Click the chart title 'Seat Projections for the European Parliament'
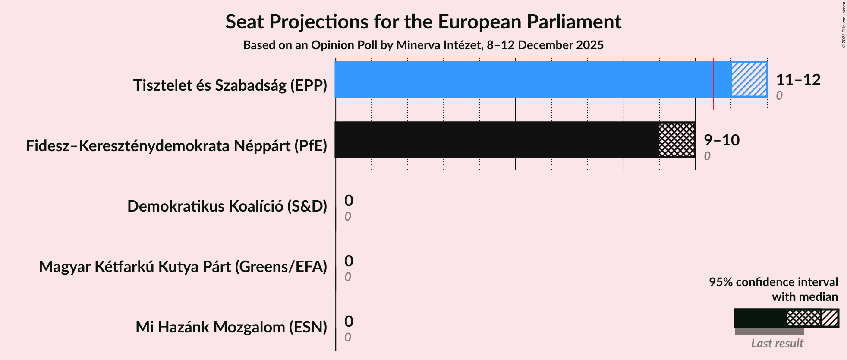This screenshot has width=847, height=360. point(423,22)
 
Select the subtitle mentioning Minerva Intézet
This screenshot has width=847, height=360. point(423,45)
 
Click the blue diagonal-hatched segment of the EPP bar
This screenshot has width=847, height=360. point(749,79)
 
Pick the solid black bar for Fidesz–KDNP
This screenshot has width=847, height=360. point(496,140)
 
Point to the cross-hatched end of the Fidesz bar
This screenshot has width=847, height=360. point(677,140)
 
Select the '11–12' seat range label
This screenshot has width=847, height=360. point(798,80)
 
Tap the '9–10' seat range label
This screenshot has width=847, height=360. point(721,140)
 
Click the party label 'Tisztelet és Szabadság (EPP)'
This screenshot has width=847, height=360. point(230,85)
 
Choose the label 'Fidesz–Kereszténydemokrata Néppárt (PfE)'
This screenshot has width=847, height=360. point(176,146)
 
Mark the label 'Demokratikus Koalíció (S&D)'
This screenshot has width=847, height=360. point(227,206)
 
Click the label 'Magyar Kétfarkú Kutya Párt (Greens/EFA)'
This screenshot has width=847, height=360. point(183,267)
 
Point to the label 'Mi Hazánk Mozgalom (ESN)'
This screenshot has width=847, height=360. point(231,327)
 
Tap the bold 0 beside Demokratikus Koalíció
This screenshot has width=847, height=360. point(349,201)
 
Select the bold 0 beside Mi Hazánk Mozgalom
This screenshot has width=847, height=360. point(349,322)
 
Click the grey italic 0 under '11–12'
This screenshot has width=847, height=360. point(779,95)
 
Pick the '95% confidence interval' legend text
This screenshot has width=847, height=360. point(773,282)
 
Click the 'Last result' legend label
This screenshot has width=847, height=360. point(777,344)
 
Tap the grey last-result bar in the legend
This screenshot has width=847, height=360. point(769,332)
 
